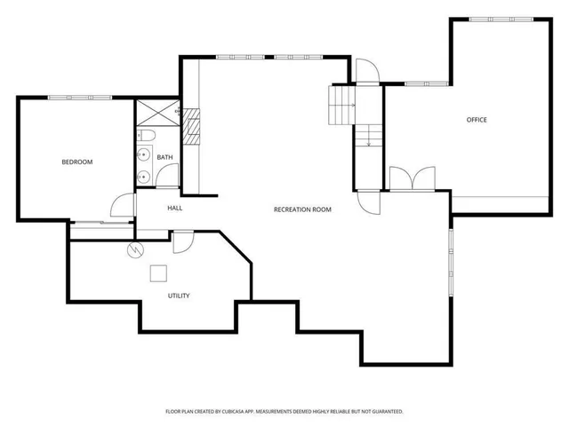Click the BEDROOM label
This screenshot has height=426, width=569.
coord(76,162)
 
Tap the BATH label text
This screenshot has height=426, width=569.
coord(164,157)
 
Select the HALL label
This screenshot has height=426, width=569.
coord(174,208)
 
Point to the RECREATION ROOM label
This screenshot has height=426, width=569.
coord(302,209)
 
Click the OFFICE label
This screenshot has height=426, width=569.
coord(477,120)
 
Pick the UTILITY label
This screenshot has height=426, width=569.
coord(179,296)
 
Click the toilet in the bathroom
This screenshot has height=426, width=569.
coord(148,135)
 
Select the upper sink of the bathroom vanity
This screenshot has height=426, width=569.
coord(143,154)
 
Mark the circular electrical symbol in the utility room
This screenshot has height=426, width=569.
coord(135,249)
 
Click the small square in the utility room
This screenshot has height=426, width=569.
coord(158,273)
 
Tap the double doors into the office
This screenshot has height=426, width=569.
coord(412,179)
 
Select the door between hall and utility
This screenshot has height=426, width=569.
coord(183,240)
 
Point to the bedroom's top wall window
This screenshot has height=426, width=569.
coord(80,97)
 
